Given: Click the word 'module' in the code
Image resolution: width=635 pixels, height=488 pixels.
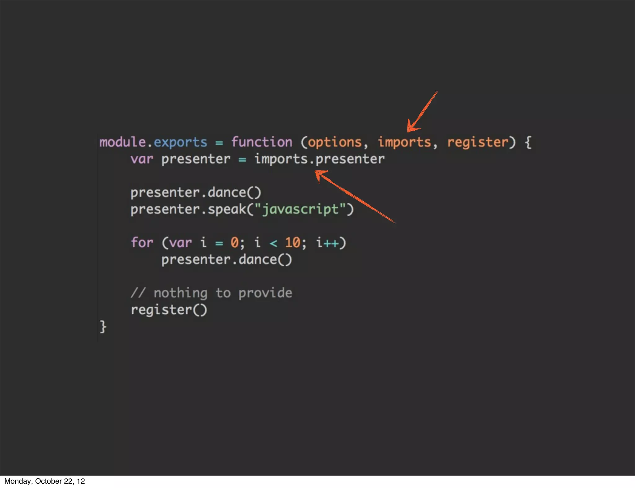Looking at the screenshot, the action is [122, 142].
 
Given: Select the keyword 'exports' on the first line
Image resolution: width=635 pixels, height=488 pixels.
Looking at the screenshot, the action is [180, 142].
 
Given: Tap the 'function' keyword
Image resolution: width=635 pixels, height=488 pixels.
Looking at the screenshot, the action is [262, 142].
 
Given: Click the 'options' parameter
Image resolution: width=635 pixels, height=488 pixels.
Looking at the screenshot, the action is [335, 142].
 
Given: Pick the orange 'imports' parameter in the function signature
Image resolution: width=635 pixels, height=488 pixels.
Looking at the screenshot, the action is [404, 142].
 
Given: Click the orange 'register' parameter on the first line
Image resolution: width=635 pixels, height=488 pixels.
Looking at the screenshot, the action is [477, 142].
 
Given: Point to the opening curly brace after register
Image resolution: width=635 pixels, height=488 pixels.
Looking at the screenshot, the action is [528, 142].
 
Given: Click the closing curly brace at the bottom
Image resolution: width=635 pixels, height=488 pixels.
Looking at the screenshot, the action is [103, 327].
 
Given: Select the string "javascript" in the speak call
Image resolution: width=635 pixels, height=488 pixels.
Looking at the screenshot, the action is [300, 210].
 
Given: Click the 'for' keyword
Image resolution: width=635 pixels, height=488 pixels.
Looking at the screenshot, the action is [142, 242].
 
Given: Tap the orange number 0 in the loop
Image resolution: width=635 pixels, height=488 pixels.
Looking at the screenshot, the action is [234, 242].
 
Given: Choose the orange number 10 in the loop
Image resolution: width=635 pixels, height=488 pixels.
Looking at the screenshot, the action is [292, 242].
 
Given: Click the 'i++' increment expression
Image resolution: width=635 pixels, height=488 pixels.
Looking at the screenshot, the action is [327, 242].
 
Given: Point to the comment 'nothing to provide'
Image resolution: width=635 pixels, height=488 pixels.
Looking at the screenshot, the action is [223, 293].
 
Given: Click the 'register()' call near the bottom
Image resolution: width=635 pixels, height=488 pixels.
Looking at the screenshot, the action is [169, 310].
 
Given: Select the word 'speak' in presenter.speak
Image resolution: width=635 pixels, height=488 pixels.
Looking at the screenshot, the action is [227, 210].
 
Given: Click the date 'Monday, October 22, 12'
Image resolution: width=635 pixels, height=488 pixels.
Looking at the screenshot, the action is [45, 481].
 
